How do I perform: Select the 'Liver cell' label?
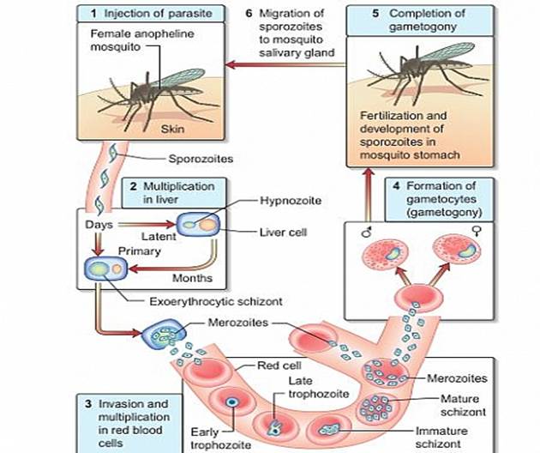pyautogui.click(x=284, y=231)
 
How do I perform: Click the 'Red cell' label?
pyautogui.click(x=278, y=365)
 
